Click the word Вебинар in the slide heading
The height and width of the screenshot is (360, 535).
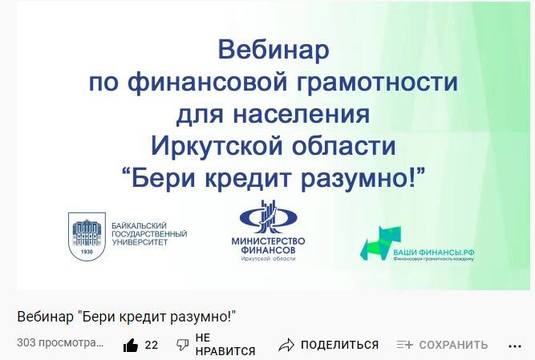pos(274,50)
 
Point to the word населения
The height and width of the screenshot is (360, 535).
pos(302,114)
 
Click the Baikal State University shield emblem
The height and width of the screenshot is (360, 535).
pos(87,237)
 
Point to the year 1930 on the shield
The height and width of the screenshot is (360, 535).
pos(87,252)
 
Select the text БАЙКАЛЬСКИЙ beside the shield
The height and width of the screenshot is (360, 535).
pos(140,226)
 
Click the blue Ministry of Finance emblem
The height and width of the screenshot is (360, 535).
pos(268,217)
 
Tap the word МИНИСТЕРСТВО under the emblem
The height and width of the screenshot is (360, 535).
pos(268,241)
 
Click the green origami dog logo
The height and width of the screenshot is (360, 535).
pos(380,242)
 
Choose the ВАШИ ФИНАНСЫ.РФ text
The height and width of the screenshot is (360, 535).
pos(434,253)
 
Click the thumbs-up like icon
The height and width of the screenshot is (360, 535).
pos(130,346)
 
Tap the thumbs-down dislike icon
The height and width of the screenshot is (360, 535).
pos(183,345)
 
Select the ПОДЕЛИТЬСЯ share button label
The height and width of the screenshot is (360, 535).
pos(339,345)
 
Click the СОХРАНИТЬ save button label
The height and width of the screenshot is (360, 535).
pos(453,345)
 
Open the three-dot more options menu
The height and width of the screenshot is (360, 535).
pos(514,346)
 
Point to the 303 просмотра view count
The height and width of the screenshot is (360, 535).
pos(60,343)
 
